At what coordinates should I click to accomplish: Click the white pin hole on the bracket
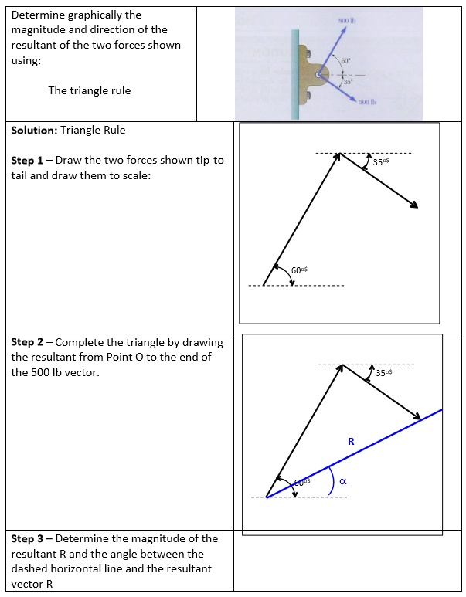coord(318,73)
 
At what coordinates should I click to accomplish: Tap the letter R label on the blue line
coord(351,442)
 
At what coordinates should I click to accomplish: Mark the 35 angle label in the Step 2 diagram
coord(383,373)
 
